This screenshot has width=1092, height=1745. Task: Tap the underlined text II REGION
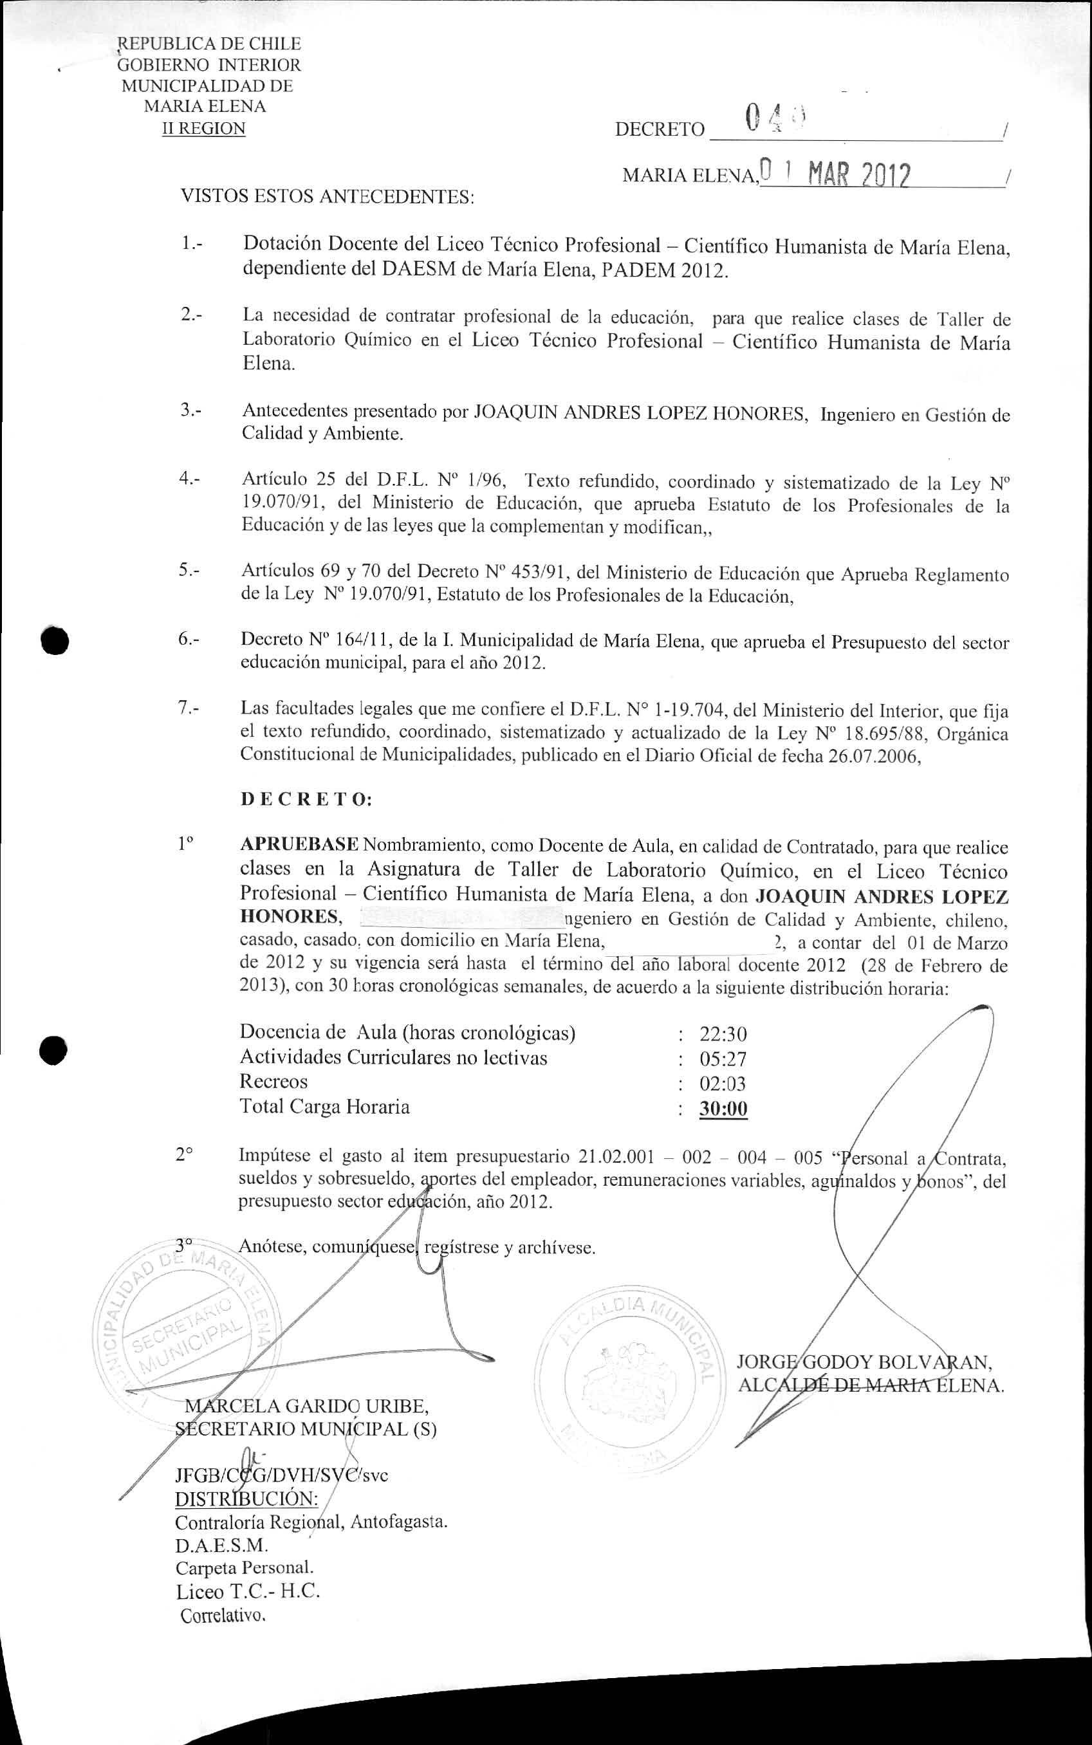tap(205, 129)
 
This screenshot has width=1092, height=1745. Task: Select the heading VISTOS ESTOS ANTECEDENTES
tap(327, 196)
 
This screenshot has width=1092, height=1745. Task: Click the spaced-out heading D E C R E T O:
tap(306, 799)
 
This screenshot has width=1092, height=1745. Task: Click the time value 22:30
tap(723, 1034)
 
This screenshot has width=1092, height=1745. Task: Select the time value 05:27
tap(723, 1059)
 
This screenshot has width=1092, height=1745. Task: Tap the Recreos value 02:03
tap(723, 1084)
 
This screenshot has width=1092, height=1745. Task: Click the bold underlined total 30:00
tap(723, 1109)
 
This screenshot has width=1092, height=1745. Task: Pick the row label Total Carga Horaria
tap(324, 1107)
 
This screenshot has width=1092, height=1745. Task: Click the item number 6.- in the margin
tap(190, 639)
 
